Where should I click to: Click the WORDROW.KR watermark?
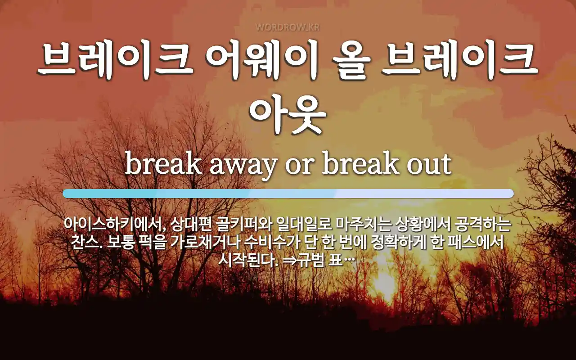pos(288,27)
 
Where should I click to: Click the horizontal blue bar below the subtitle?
pos(288,193)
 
